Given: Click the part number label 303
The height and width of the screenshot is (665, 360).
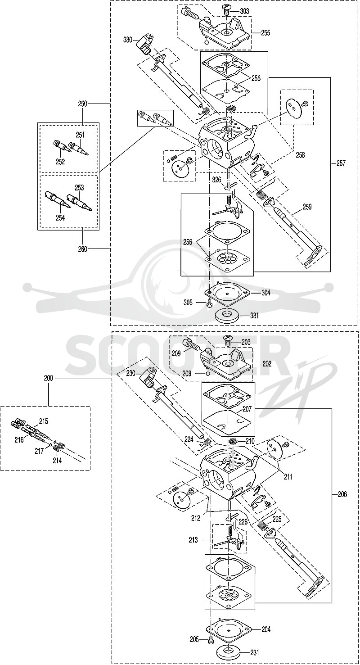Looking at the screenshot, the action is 244,12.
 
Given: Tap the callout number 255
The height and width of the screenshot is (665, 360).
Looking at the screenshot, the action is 265,33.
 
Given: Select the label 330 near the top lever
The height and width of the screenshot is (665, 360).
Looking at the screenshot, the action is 128,40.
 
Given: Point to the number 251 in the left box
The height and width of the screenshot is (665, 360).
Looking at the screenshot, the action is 80,135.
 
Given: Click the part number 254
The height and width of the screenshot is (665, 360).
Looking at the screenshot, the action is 60,217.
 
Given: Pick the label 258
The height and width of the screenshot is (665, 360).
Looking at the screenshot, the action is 300,155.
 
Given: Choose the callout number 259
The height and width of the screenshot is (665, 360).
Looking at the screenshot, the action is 307,207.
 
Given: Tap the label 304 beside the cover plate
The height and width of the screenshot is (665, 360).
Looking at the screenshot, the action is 265,293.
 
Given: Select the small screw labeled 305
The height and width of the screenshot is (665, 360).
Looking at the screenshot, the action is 209,303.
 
